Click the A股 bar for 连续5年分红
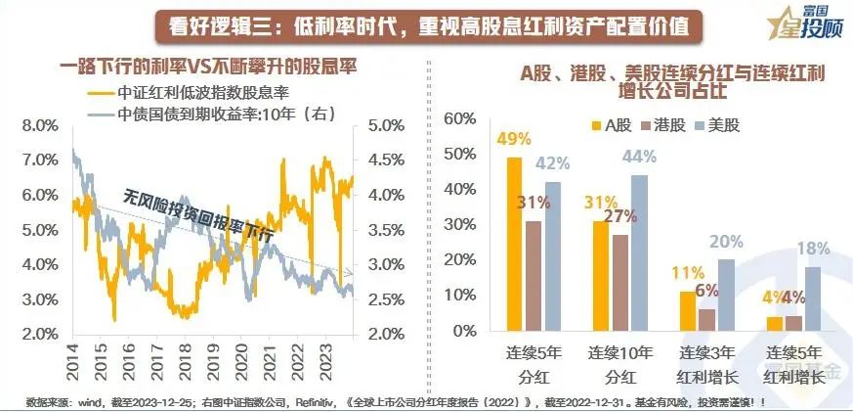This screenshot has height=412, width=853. coord(514,244)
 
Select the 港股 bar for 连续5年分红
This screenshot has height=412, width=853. coord(533,276)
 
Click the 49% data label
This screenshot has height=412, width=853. coord(514,139)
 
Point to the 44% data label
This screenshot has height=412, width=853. coord(641,157)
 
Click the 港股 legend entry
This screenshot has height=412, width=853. coord(671,125)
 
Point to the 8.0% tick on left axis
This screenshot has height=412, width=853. coord(35,125)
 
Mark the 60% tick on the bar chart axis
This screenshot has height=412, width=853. coord(458,119)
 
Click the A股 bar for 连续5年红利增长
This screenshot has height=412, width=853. coord(775,324)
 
